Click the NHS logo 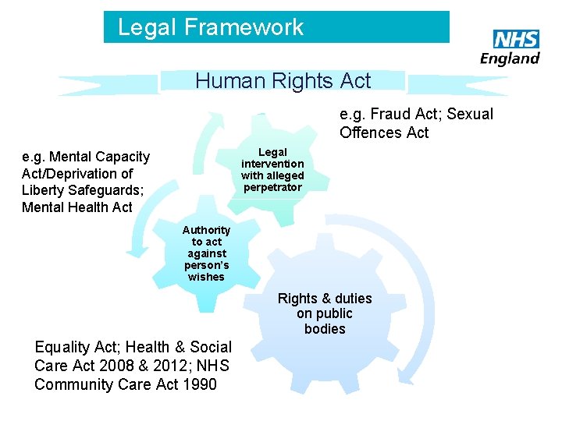pos(516,40)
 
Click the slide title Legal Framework pos(210,27)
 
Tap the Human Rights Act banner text pos(283,80)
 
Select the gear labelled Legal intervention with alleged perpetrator pos(272,170)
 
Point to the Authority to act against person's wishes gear pos(206,253)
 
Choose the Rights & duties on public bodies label pos(325,313)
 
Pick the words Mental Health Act pos(77,207)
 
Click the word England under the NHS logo pos(510,58)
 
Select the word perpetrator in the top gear pos(272,187)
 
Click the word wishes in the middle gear pos(206,277)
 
